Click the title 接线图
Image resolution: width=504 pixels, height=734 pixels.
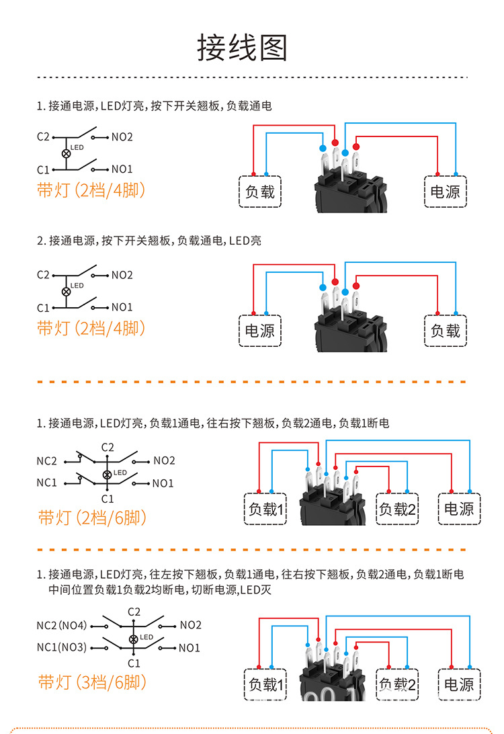tap(242, 48)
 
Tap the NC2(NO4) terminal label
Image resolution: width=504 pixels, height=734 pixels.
tap(62, 625)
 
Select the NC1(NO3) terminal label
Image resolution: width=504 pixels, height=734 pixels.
tap(62, 647)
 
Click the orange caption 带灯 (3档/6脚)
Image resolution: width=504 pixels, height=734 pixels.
tap(92, 682)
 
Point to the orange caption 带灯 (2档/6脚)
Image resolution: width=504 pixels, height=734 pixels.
tap(92, 518)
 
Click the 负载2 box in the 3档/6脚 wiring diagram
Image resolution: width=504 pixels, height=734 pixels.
tap(397, 684)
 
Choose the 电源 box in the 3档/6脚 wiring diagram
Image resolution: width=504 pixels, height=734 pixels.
tap(459, 684)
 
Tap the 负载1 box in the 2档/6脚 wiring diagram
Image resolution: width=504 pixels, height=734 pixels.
tap(265, 509)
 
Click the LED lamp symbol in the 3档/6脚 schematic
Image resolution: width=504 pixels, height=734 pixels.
tap(133, 639)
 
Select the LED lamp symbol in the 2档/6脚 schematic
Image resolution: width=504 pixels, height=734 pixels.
tap(107, 475)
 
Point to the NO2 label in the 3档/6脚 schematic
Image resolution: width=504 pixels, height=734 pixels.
tap(190, 625)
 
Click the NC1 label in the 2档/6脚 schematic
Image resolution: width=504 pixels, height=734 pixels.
tap(47, 483)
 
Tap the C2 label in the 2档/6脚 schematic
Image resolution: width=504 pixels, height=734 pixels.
tap(108, 448)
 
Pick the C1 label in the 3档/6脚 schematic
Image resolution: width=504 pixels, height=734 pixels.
tap(134, 663)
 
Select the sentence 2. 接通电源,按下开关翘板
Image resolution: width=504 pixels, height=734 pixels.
tap(149, 241)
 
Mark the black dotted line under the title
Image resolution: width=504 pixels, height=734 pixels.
tap(252, 77)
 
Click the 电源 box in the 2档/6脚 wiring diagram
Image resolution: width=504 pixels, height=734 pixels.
tap(459, 509)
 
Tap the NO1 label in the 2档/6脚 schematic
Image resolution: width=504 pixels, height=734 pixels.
tap(163, 483)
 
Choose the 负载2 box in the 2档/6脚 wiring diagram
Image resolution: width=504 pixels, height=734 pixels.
tap(397, 509)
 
